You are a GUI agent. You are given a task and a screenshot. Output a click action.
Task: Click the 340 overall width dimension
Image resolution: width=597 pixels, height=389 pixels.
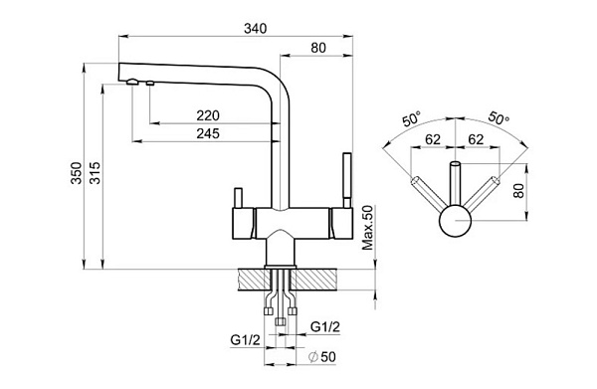(x=256, y=29)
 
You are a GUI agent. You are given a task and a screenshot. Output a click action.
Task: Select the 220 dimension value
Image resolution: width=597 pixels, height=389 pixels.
(x=208, y=115)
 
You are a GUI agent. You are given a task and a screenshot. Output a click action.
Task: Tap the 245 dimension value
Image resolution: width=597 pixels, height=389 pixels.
(x=208, y=133)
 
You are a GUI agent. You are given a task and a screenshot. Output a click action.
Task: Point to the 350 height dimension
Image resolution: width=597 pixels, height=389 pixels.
(x=77, y=173)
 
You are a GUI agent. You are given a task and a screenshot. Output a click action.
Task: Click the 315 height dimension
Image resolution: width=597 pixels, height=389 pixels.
(x=95, y=173)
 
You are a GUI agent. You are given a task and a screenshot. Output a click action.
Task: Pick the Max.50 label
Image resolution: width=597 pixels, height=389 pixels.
(x=368, y=228)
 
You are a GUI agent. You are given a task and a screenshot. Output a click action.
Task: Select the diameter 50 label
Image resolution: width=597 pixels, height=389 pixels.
(x=322, y=357)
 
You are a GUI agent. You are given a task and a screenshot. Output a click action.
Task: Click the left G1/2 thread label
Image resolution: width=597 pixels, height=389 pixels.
(x=245, y=339)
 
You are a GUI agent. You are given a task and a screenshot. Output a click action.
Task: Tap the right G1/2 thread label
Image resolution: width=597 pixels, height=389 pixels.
(x=325, y=326)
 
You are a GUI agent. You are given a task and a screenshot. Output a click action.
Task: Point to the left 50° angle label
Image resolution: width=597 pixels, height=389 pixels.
(x=411, y=119)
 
